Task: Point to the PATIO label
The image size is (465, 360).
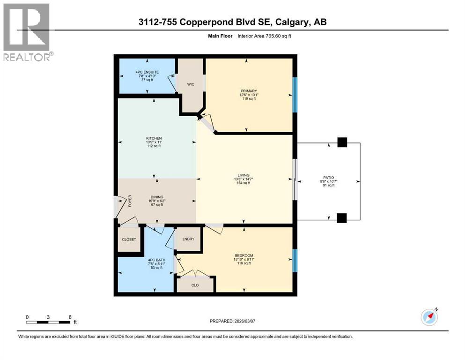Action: [x=328, y=177]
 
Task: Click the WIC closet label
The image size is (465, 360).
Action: [x=191, y=84]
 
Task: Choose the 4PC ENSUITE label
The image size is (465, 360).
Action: [x=147, y=72]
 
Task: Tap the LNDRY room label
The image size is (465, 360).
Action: [x=189, y=239]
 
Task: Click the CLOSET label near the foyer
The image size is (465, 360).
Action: [x=129, y=240]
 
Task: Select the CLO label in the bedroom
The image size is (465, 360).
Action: [x=195, y=284]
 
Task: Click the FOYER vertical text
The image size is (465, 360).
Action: [x=131, y=202]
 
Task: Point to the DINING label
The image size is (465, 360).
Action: [x=156, y=197]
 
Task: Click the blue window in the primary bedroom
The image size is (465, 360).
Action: [x=295, y=95]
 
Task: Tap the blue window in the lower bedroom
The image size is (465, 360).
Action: [x=295, y=261]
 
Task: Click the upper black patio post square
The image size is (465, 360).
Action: [x=342, y=142]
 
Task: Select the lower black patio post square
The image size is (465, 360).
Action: [x=342, y=218]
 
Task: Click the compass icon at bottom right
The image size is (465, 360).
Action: [x=429, y=317]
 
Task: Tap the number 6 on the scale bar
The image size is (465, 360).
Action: [x=70, y=317]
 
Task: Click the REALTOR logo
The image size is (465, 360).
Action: [x=27, y=32]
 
